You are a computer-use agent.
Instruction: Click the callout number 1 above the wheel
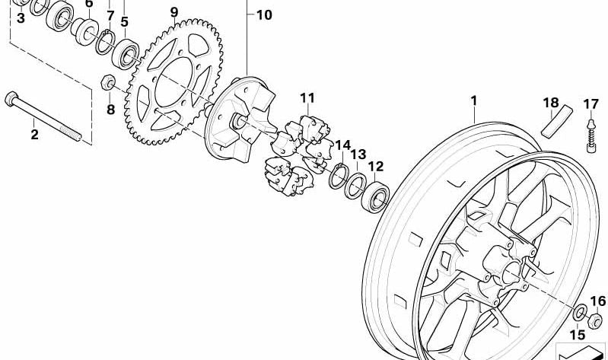tap(473, 100)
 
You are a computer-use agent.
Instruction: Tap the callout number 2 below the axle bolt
tap(34, 135)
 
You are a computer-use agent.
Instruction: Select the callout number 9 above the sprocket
tap(174, 12)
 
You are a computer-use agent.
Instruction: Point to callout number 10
tap(264, 15)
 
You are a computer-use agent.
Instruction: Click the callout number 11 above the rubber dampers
tap(307, 98)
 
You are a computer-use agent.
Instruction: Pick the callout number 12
tap(376, 167)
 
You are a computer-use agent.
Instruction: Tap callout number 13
tap(358, 155)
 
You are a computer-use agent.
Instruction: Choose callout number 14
tap(342, 145)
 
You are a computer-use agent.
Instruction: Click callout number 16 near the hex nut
tap(597, 301)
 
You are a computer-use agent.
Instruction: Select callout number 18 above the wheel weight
tap(551, 103)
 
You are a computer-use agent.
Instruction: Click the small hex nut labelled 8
tap(107, 83)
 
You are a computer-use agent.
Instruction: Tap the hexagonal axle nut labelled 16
tap(595, 320)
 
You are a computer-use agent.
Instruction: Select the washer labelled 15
tap(580, 313)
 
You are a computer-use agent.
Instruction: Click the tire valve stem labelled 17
tap(591, 136)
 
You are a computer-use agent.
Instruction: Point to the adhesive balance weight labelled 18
tap(557, 122)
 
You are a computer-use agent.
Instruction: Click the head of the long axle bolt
tap(11, 98)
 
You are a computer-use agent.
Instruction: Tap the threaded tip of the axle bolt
tap(75, 134)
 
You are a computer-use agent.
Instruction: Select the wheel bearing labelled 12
tap(375, 197)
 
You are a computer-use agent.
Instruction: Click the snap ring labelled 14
tap(339, 176)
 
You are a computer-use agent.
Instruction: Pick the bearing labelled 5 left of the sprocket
tap(126, 54)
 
